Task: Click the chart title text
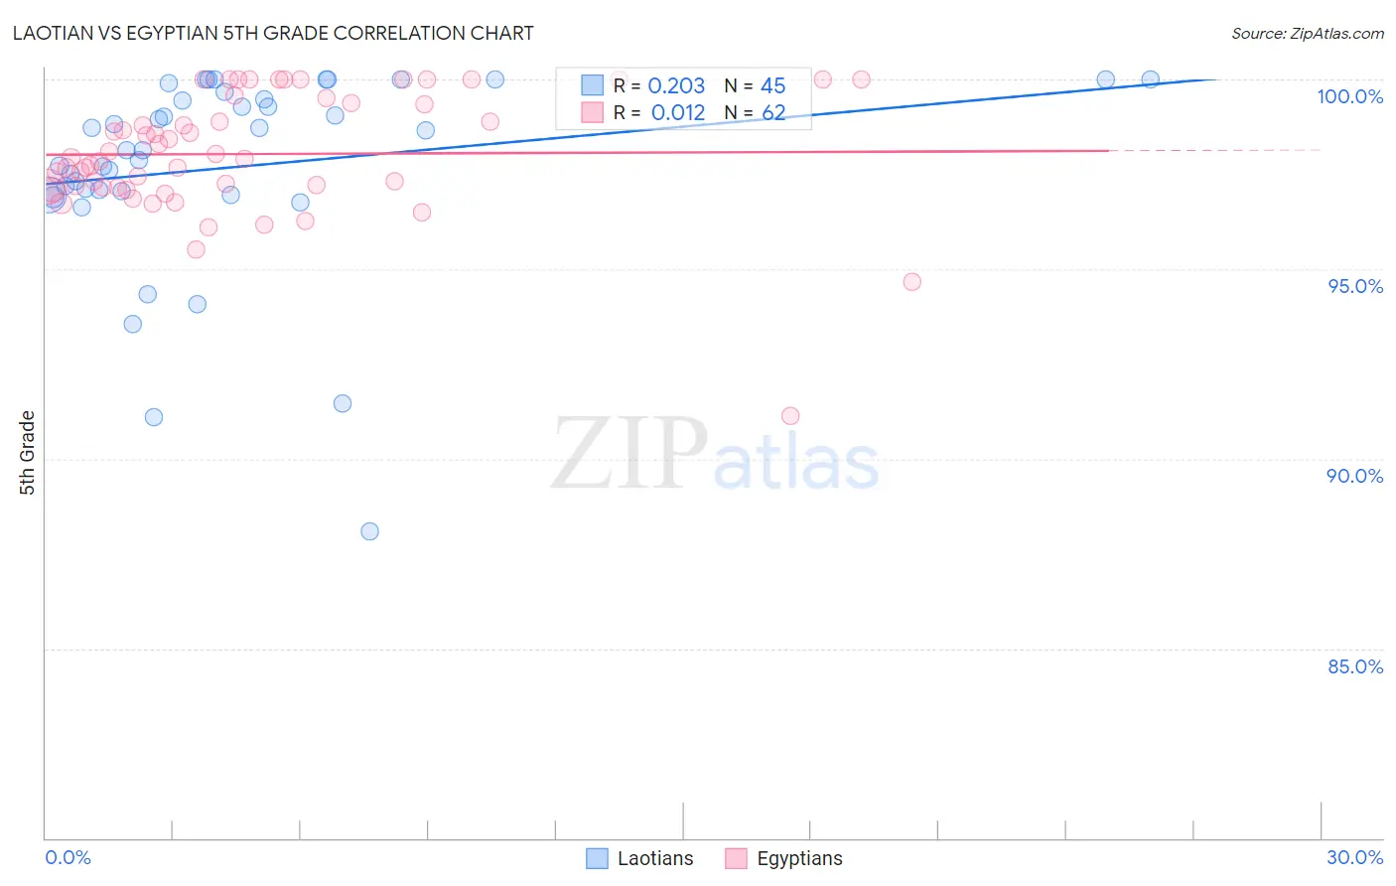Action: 273,33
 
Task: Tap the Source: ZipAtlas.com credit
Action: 1307,34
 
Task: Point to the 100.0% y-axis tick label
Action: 1349,96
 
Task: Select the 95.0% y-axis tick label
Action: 1355,286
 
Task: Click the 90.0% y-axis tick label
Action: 1354,476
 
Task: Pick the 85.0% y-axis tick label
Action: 1355,666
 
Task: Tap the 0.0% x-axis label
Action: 68,857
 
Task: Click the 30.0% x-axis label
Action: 1354,857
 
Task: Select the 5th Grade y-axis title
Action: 28,453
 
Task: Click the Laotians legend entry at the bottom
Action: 639,858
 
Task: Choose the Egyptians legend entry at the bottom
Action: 783,858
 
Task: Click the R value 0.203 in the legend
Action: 676,86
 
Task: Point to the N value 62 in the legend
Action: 773,113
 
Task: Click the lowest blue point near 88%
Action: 369,531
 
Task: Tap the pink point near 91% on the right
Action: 790,416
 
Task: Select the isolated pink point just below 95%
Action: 911,282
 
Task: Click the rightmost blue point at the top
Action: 1150,79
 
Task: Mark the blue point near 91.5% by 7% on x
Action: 343,403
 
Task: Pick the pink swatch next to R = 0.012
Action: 592,112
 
